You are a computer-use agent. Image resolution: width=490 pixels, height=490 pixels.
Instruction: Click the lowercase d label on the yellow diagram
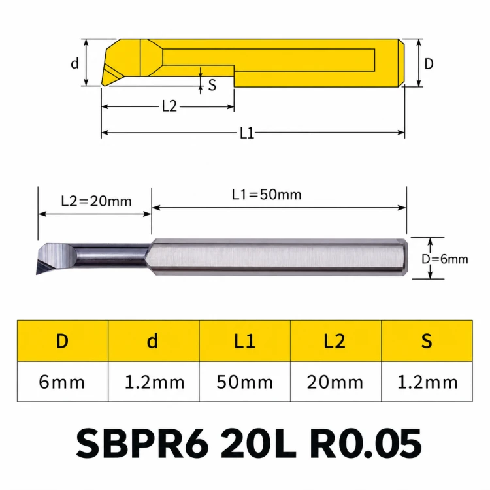(x=74, y=63)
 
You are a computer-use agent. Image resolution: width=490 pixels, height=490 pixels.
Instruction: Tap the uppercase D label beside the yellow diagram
(x=429, y=64)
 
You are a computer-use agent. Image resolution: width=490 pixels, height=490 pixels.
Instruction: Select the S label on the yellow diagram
(x=212, y=85)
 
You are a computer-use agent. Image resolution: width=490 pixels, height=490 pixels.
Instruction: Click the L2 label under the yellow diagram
(x=169, y=106)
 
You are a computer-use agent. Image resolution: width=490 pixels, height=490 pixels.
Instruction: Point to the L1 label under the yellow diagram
(x=247, y=133)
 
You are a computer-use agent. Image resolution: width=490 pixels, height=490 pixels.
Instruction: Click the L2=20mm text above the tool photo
(x=96, y=201)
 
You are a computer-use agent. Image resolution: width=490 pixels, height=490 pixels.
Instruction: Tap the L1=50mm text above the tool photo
(x=267, y=195)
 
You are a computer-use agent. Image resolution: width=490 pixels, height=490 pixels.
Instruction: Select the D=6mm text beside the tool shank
(x=445, y=259)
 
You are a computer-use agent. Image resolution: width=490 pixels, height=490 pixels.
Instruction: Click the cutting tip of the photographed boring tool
(x=37, y=274)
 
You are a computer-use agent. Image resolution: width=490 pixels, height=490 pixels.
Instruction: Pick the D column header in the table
(x=62, y=340)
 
